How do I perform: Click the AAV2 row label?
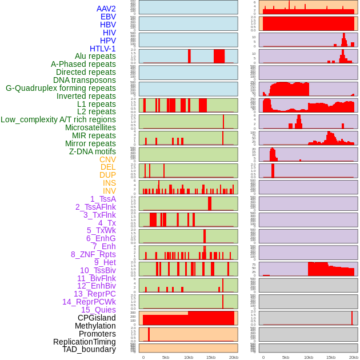(106, 9)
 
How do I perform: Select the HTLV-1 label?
(103, 49)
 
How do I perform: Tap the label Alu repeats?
(95, 56)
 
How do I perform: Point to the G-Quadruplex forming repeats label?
(61, 88)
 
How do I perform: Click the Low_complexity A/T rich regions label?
(58, 119)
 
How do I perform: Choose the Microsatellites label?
(90, 127)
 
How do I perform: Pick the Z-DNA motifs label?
(93, 151)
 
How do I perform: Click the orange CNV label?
(107, 159)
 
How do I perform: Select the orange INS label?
(109, 183)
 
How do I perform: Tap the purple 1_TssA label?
(103, 199)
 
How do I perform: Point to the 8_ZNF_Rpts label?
(93, 254)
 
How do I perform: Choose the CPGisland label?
(97, 318)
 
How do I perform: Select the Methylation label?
(95, 326)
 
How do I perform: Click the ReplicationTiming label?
(85, 342)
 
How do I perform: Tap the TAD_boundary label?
(89, 349)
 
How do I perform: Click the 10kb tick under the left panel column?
(189, 358)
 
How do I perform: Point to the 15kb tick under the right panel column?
(331, 358)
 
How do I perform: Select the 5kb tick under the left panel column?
(166, 358)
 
